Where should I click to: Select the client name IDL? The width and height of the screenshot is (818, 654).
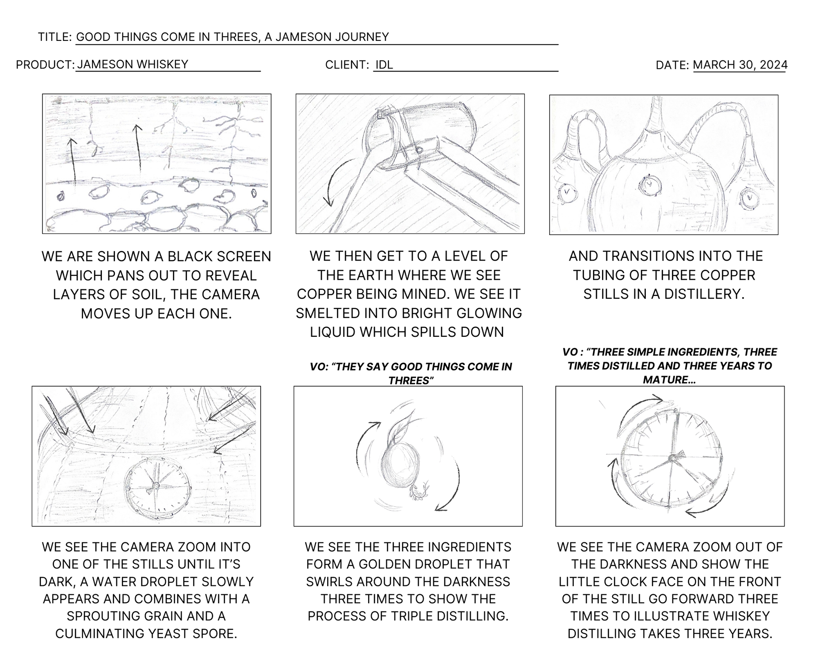[384, 65]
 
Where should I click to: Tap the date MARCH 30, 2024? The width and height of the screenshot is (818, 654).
[740, 65]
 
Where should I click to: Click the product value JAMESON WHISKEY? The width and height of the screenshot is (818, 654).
[132, 64]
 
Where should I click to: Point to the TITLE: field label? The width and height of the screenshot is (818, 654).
[55, 37]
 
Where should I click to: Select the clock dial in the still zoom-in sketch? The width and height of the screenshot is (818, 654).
[157, 485]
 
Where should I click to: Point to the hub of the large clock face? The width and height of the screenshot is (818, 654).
[672, 458]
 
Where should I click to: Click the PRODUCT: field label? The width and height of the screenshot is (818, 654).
[45, 65]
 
